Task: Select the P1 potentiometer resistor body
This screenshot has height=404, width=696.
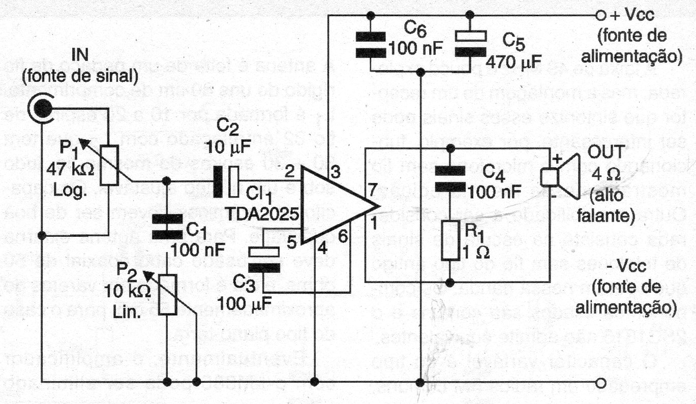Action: point(109,164)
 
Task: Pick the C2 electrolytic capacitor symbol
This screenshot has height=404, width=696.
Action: point(226,182)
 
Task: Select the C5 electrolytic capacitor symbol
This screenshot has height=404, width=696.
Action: point(471,43)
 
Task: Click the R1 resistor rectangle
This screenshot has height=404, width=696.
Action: point(449,241)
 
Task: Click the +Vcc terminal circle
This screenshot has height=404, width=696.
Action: point(601,15)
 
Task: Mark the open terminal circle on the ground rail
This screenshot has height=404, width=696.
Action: point(601,382)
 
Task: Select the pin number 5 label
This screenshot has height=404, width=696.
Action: point(291,243)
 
